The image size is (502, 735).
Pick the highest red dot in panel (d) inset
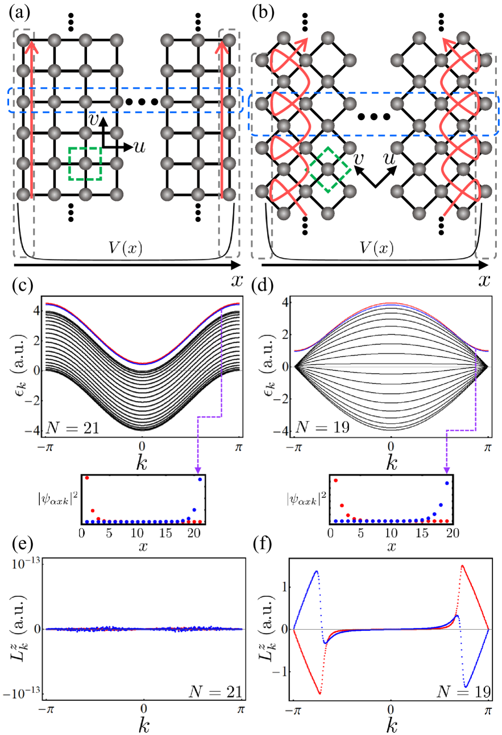[x=335, y=481]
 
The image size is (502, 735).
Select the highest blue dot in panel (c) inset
[x=200, y=480]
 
